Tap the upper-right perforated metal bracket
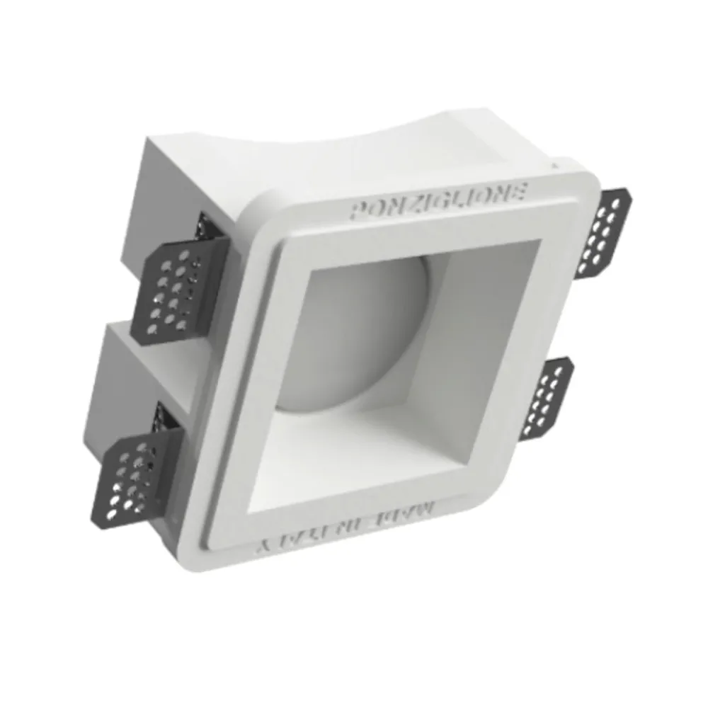pos(603,234)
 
